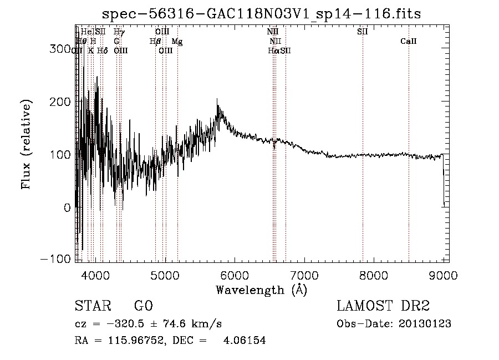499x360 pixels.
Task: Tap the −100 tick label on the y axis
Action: [54, 259]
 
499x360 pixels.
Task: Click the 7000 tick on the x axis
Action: [304, 275]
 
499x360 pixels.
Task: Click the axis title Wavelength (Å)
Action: [261, 290]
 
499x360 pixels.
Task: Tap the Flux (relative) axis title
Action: [27, 144]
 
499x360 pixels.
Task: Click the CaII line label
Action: [409, 41]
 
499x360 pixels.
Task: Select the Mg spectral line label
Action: [176, 41]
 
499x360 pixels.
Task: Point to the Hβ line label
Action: [155, 41]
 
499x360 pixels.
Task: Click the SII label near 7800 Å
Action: [363, 32]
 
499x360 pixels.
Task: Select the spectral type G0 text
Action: [143, 306]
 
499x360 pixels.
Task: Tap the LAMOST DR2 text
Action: [383, 306]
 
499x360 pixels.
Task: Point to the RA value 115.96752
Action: [130, 341]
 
